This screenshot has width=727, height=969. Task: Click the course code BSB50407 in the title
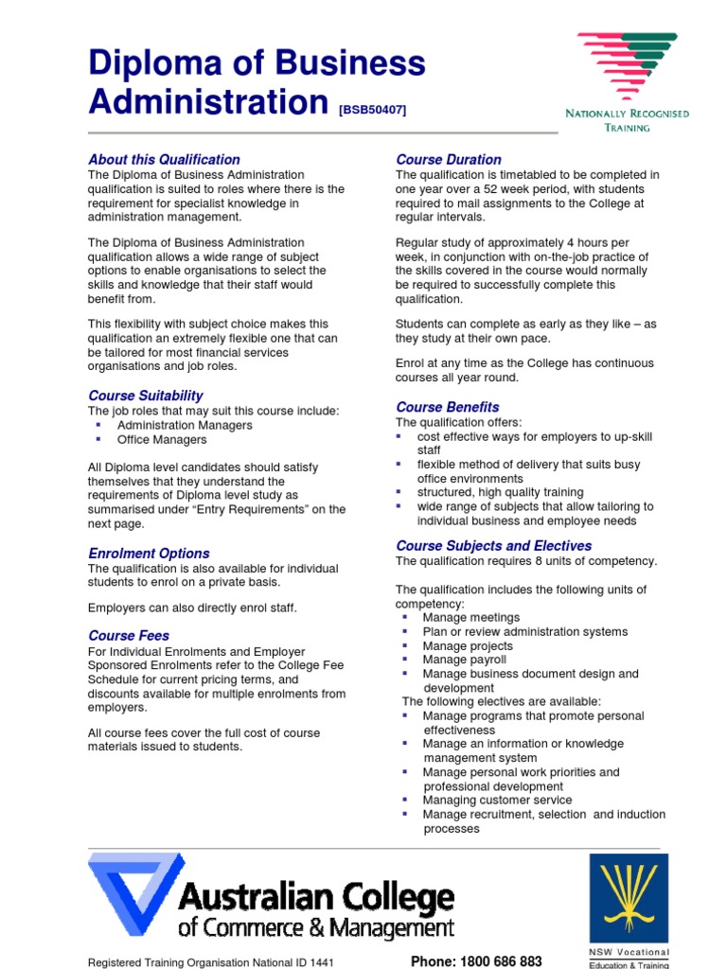click(x=372, y=110)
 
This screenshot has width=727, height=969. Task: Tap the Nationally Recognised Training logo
click(x=627, y=80)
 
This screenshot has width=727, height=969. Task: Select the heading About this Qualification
click(x=164, y=159)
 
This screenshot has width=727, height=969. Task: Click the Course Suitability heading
click(x=146, y=395)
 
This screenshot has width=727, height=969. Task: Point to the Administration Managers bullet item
click(x=185, y=425)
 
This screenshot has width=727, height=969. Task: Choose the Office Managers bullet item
click(x=162, y=439)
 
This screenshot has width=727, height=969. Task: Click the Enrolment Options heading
click(x=149, y=553)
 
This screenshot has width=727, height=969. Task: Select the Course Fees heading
click(x=129, y=635)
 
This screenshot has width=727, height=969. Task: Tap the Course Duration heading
click(x=449, y=159)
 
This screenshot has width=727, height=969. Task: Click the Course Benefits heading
click(x=447, y=407)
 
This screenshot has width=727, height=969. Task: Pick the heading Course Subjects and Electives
click(x=493, y=545)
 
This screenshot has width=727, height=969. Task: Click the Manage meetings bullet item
click(x=470, y=617)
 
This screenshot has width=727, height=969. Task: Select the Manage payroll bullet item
click(x=464, y=660)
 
